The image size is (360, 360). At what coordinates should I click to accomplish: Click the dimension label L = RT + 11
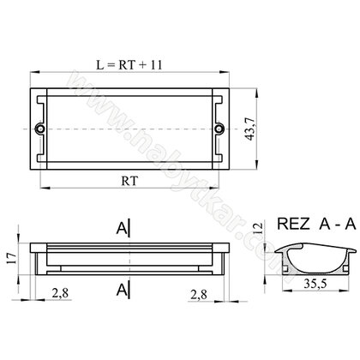129,65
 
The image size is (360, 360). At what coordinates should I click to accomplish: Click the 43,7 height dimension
250,129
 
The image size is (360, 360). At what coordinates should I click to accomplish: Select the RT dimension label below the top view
129,181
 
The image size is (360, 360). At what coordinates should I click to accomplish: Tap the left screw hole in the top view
39,129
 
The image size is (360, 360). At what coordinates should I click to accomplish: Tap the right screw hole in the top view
219,129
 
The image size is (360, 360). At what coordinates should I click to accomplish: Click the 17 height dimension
12,258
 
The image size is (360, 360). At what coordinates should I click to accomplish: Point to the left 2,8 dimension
60,293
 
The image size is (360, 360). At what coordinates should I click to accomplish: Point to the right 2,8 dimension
199,295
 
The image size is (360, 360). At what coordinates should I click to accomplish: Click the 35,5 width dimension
315,284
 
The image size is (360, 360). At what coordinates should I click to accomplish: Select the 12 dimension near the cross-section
257,229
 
